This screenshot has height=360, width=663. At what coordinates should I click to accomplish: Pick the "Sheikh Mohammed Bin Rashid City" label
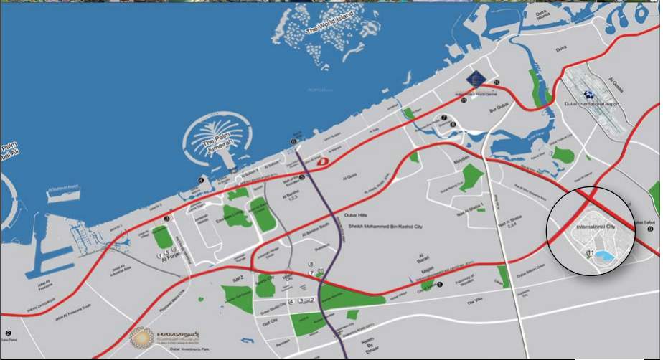coord(374,227)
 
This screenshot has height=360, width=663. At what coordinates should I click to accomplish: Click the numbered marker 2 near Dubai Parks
coord(8,333)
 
